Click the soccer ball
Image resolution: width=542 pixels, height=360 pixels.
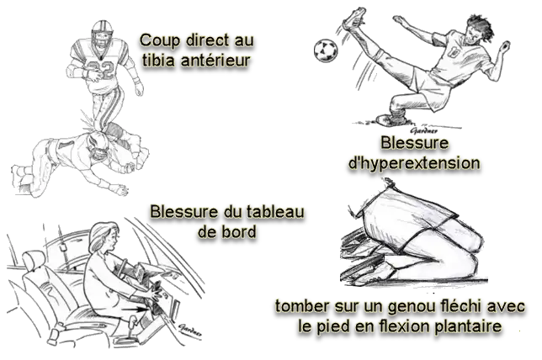coord(326,50)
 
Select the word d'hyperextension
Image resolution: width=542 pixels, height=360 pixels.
coord(414,163)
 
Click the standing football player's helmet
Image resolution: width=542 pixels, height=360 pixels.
coord(102,34)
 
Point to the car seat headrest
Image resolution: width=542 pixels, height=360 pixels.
coord(34,259)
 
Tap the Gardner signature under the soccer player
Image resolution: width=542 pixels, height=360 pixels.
coord(423,130)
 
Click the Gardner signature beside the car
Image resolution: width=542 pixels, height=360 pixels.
coord(190,331)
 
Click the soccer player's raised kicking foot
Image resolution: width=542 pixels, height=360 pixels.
coord(354,19)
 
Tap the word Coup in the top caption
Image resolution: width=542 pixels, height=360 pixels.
coord(160,40)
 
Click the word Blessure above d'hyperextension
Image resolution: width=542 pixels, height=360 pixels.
coord(414,143)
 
